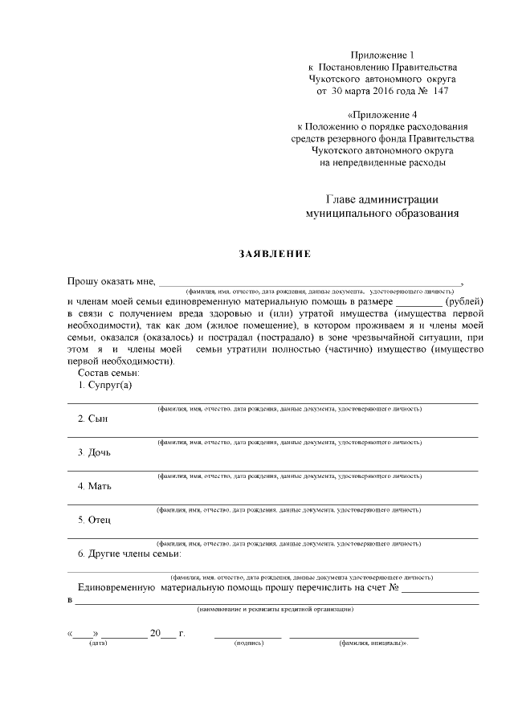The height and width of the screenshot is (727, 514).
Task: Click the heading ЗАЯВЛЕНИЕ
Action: click(275, 255)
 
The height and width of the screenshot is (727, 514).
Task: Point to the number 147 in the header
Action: click(440, 92)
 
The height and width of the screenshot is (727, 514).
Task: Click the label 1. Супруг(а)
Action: click(104, 385)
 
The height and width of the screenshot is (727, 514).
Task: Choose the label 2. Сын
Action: click(92, 419)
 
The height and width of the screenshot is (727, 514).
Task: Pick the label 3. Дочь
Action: click(95, 451)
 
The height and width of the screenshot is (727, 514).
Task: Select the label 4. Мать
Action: click(95, 485)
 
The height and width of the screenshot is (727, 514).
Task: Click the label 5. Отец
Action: click(95, 519)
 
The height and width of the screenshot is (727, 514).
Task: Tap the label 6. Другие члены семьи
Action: click(129, 553)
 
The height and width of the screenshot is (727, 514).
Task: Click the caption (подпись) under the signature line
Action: click(247, 643)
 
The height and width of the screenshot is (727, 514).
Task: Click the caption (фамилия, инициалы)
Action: click(373, 643)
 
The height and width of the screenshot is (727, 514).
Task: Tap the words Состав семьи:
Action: click(108, 373)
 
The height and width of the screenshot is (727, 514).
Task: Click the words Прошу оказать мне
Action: click(111, 281)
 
